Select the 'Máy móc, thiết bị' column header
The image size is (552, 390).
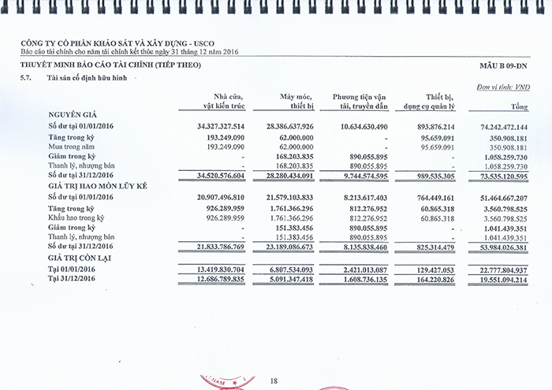[297, 100]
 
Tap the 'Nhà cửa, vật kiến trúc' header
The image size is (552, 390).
[224, 100]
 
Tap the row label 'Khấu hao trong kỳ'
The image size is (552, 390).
[76, 217]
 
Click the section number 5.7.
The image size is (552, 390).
[28, 78]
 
